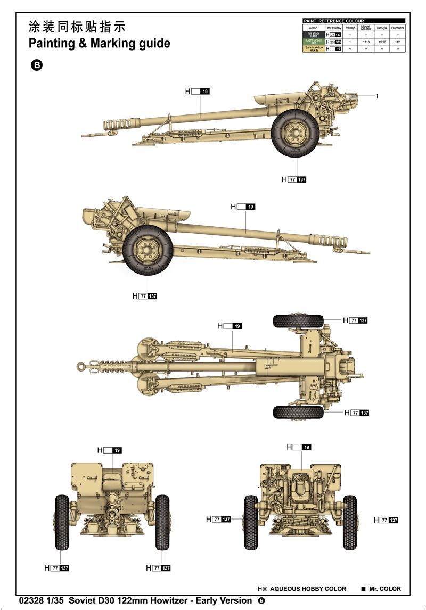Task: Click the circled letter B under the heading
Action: (37, 65)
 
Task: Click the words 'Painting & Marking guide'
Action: (100, 43)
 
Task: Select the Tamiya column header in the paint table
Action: (381, 28)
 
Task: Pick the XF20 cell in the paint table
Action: (381, 42)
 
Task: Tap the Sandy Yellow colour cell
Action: (313, 48)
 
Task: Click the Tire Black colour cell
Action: (313, 34)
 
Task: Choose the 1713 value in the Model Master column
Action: (365, 42)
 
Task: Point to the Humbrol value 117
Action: (397, 42)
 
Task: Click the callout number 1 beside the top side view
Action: (376, 96)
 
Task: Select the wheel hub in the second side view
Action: (148, 249)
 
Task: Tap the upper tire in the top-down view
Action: (298, 320)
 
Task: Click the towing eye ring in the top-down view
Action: (81, 366)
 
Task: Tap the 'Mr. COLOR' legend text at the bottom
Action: (385, 589)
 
